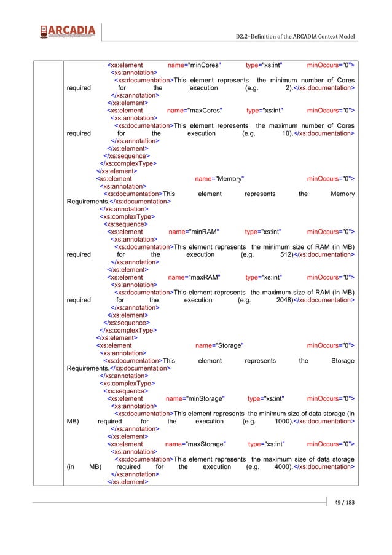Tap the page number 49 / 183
[342, 503]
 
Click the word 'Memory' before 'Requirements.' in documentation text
[342, 194]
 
